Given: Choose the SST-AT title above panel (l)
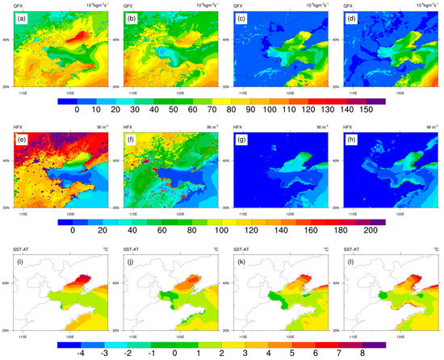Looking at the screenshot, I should (351, 246).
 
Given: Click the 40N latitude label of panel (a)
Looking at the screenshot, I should (6, 39).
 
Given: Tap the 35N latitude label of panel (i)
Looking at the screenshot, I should (6, 330).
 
